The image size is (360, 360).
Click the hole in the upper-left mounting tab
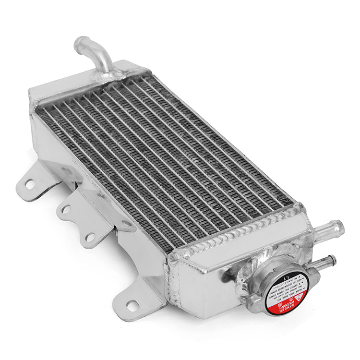(x=30, y=183)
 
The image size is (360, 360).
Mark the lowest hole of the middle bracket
(x=90, y=237)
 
